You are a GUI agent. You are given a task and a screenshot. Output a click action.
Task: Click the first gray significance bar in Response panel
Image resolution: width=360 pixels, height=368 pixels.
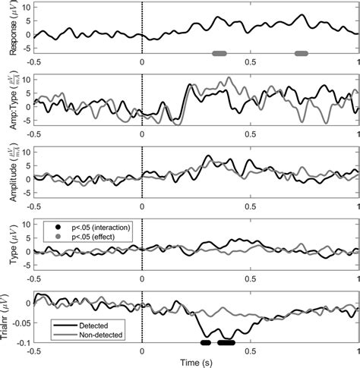(x=219, y=53)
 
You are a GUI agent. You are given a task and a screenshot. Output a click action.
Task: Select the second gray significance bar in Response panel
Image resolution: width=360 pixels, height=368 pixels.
(x=302, y=53)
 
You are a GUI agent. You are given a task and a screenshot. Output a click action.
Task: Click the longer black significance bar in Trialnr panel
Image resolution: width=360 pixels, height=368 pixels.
(x=226, y=342)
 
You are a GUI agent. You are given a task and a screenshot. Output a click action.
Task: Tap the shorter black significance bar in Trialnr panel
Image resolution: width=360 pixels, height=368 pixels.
(x=205, y=342)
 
